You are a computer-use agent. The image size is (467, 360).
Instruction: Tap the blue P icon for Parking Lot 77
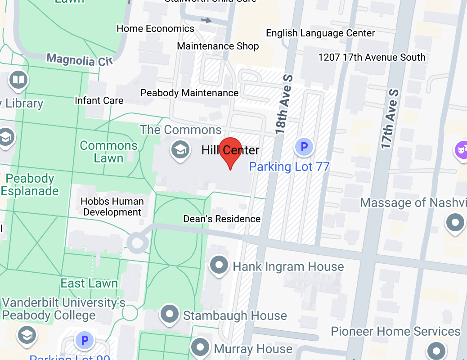pos(304,147)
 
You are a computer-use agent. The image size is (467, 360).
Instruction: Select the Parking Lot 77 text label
pos(289,167)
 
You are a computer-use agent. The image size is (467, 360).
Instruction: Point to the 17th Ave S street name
pos(390,119)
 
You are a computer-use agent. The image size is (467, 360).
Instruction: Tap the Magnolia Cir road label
pos(79,59)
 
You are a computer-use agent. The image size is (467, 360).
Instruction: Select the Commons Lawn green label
pos(108,152)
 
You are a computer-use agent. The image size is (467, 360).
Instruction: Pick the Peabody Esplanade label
pos(30,184)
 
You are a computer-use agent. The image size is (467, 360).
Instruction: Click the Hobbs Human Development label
pos(112,207)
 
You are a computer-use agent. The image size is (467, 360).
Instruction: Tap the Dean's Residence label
pos(222,219)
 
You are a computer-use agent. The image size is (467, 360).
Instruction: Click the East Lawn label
pos(89,283)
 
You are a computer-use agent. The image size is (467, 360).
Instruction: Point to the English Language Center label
pos(320,33)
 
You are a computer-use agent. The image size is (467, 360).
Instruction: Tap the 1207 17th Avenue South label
pos(372,57)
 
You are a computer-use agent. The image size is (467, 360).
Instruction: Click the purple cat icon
pos(461,148)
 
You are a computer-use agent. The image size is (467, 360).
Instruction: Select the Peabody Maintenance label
pos(189,93)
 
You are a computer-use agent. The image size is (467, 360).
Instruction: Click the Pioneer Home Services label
pos(395,332)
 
